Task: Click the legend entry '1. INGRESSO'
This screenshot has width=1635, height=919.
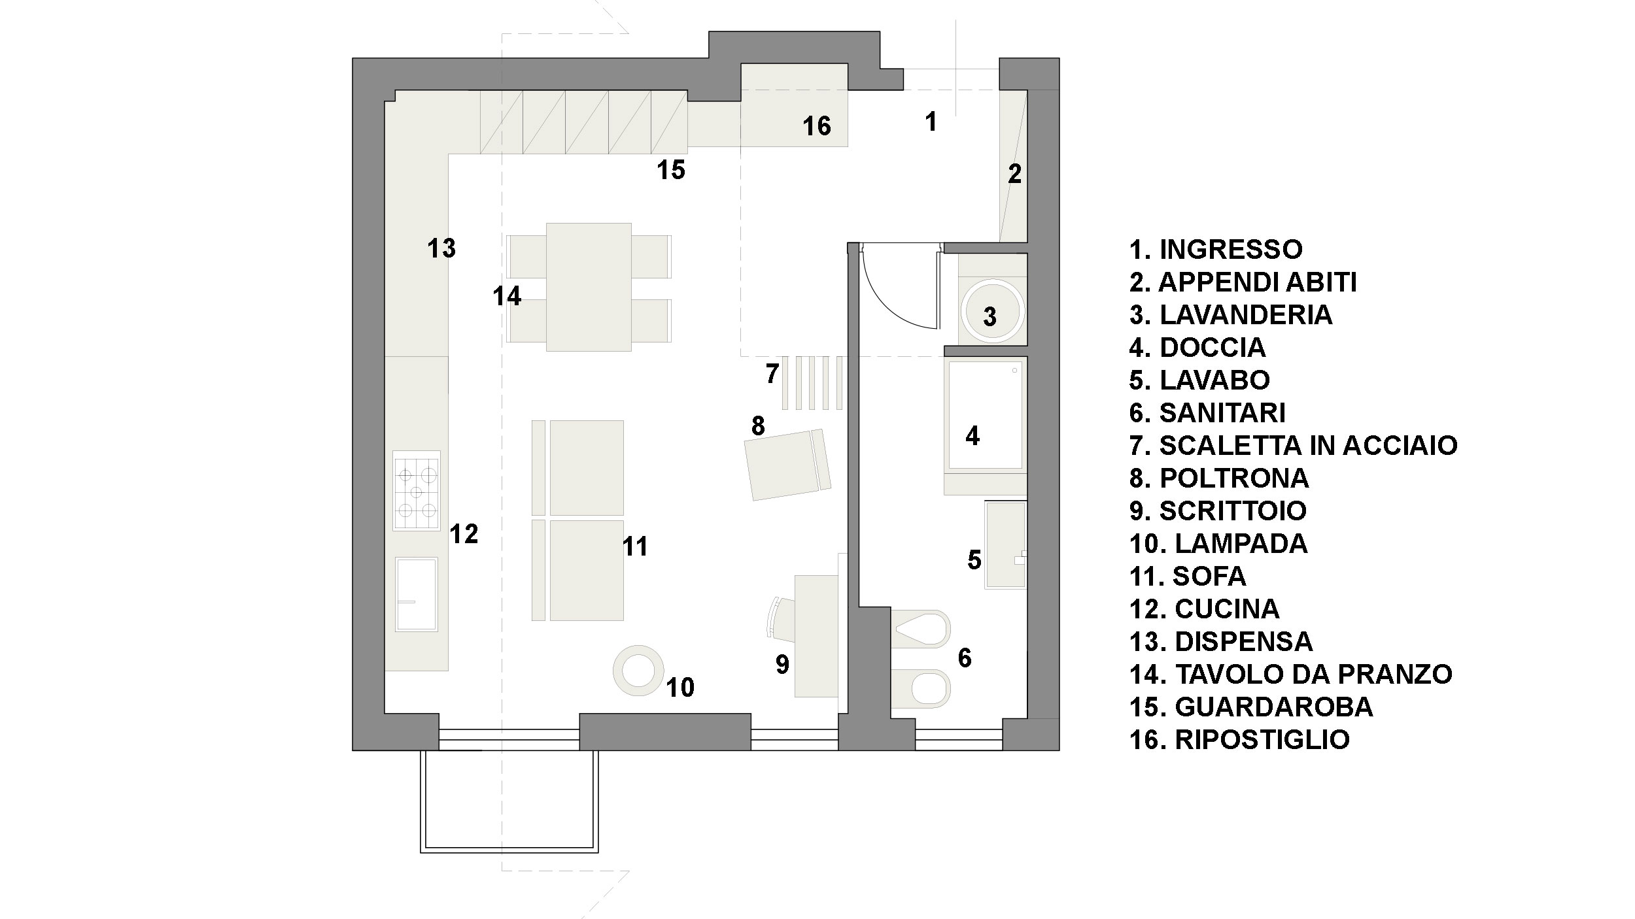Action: tap(1216, 249)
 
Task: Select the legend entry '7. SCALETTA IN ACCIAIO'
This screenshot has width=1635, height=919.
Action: tap(1293, 445)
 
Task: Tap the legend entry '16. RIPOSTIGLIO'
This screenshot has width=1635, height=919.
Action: tap(1239, 739)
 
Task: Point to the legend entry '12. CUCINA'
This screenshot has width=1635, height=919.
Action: tap(1204, 609)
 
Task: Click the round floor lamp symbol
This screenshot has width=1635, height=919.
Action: tap(638, 670)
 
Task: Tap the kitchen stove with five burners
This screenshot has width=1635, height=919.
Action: tap(416, 491)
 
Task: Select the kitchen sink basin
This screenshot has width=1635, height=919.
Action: tap(416, 594)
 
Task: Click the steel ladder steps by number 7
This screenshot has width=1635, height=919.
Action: tap(812, 382)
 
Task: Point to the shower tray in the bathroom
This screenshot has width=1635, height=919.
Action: tap(985, 415)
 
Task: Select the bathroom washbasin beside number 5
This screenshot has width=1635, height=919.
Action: tap(1005, 544)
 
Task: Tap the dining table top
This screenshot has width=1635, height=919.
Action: tap(589, 287)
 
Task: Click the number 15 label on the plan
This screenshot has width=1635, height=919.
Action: tap(671, 170)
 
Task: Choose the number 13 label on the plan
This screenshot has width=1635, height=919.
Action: tap(441, 248)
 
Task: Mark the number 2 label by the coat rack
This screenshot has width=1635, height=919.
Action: tap(1014, 174)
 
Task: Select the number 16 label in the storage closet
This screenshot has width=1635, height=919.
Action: tap(817, 126)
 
